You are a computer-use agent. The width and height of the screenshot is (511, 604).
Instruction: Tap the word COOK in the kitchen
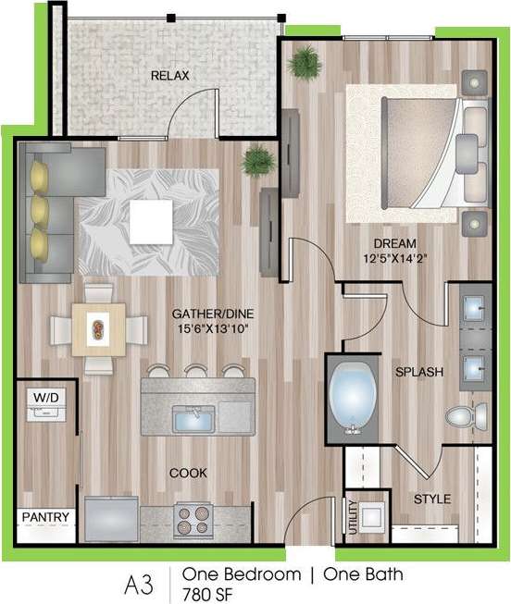coord(188,473)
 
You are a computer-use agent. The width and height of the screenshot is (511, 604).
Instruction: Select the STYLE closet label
coord(432,499)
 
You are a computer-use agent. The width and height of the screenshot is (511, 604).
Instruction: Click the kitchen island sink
coord(194,421)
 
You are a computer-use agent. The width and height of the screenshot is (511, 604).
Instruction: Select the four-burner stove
coord(193,519)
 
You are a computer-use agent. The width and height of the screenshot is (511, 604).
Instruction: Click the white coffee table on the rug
coord(150,218)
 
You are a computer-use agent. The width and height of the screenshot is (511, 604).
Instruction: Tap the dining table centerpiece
coord(97,327)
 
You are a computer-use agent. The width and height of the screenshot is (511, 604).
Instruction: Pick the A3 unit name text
coord(139,584)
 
